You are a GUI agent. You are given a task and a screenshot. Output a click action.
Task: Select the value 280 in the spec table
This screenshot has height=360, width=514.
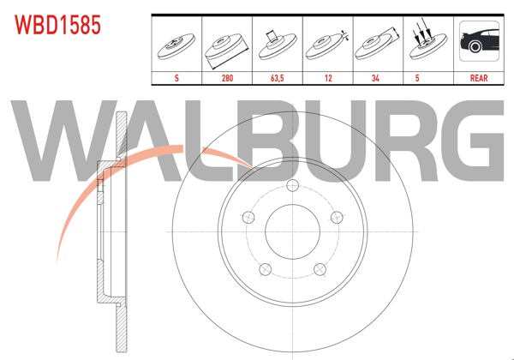[x=226, y=77]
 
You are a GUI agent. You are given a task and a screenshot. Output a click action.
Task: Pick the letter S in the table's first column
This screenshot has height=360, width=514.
[x=176, y=77]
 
